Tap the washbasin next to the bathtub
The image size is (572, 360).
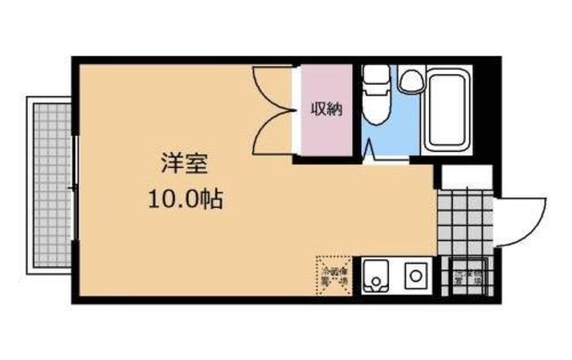410,81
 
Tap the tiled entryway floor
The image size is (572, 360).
463,223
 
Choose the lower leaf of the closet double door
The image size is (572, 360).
272,134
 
